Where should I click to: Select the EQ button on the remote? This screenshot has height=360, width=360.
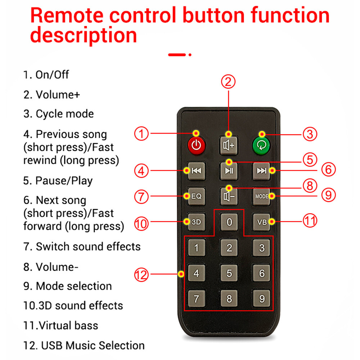(196, 196)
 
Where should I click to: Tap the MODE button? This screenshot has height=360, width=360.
(261, 196)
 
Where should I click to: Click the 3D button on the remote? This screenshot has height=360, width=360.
(196, 222)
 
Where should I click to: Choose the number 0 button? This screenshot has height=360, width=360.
(229, 222)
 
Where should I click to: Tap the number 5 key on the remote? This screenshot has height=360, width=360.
(229, 273)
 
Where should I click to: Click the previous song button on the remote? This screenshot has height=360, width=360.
(196, 171)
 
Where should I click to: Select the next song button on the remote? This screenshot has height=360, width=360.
(261, 171)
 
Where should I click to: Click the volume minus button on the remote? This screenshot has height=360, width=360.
(229, 196)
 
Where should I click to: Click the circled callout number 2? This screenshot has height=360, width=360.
(228, 81)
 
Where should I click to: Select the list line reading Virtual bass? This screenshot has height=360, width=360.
(61, 325)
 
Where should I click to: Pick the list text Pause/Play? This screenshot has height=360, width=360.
(58, 180)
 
